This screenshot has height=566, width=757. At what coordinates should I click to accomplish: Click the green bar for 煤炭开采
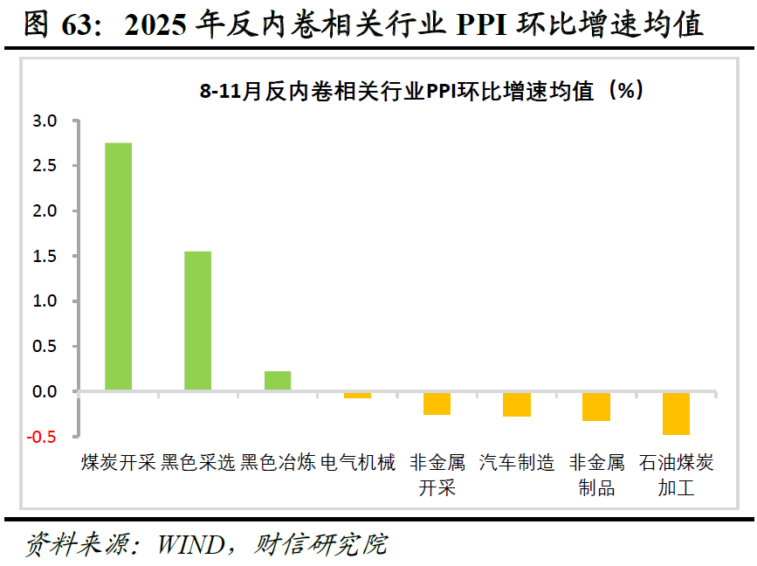(x=118, y=266)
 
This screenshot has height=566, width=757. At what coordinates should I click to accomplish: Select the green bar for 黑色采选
(x=198, y=321)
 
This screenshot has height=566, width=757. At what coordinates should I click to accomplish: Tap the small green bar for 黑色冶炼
(x=278, y=381)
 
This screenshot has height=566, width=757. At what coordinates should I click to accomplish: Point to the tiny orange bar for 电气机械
(x=357, y=396)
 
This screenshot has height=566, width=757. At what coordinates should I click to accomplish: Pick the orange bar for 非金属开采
(x=437, y=404)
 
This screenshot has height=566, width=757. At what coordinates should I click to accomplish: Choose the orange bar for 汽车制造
(x=517, y=404)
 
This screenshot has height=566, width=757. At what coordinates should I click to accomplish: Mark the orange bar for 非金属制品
(x=596, y=407)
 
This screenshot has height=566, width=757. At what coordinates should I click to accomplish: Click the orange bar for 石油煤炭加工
(x=676, y=414)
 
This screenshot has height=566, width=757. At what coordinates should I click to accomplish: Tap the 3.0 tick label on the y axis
(x=45, y=121)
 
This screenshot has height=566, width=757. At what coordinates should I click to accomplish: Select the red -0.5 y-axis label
(x=42, y=437)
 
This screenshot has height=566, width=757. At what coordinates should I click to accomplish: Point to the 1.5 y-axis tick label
(x=45, y=256)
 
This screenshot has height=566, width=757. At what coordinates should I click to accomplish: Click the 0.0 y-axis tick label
(x=45, y=391)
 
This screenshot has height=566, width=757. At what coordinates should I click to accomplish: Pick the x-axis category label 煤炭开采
(x=118, y=462)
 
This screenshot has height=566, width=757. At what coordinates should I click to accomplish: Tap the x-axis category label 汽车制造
(x=517, y=462)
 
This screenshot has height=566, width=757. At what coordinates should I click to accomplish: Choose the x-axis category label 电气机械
(x=358, y=462)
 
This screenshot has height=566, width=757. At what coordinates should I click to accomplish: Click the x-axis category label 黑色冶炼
(x=278, y=462)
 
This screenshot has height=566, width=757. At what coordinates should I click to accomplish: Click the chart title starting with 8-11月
(x=422, y=90)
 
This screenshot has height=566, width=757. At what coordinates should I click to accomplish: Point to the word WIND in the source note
(x=191, y=545)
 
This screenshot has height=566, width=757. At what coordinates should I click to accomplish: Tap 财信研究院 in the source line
(x=320, y=544)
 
